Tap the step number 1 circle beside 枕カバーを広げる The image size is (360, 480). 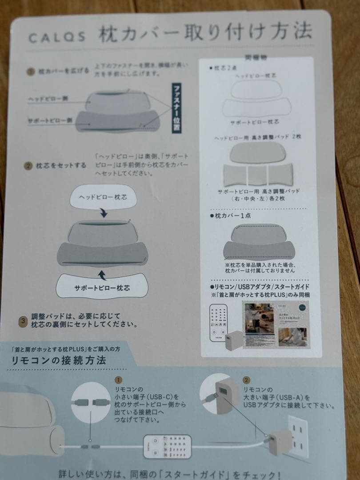pos(31,71)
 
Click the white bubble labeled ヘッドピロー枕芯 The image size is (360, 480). pos(103,196)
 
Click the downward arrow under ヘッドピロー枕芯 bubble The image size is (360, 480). pos(104,214)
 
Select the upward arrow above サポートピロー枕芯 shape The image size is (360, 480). pos(101,272)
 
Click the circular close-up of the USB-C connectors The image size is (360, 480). pos(91,402)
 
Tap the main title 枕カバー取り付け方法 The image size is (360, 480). pos(205,33)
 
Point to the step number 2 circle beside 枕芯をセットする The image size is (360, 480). pos(28,166)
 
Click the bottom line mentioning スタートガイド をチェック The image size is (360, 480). pos(170,473)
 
